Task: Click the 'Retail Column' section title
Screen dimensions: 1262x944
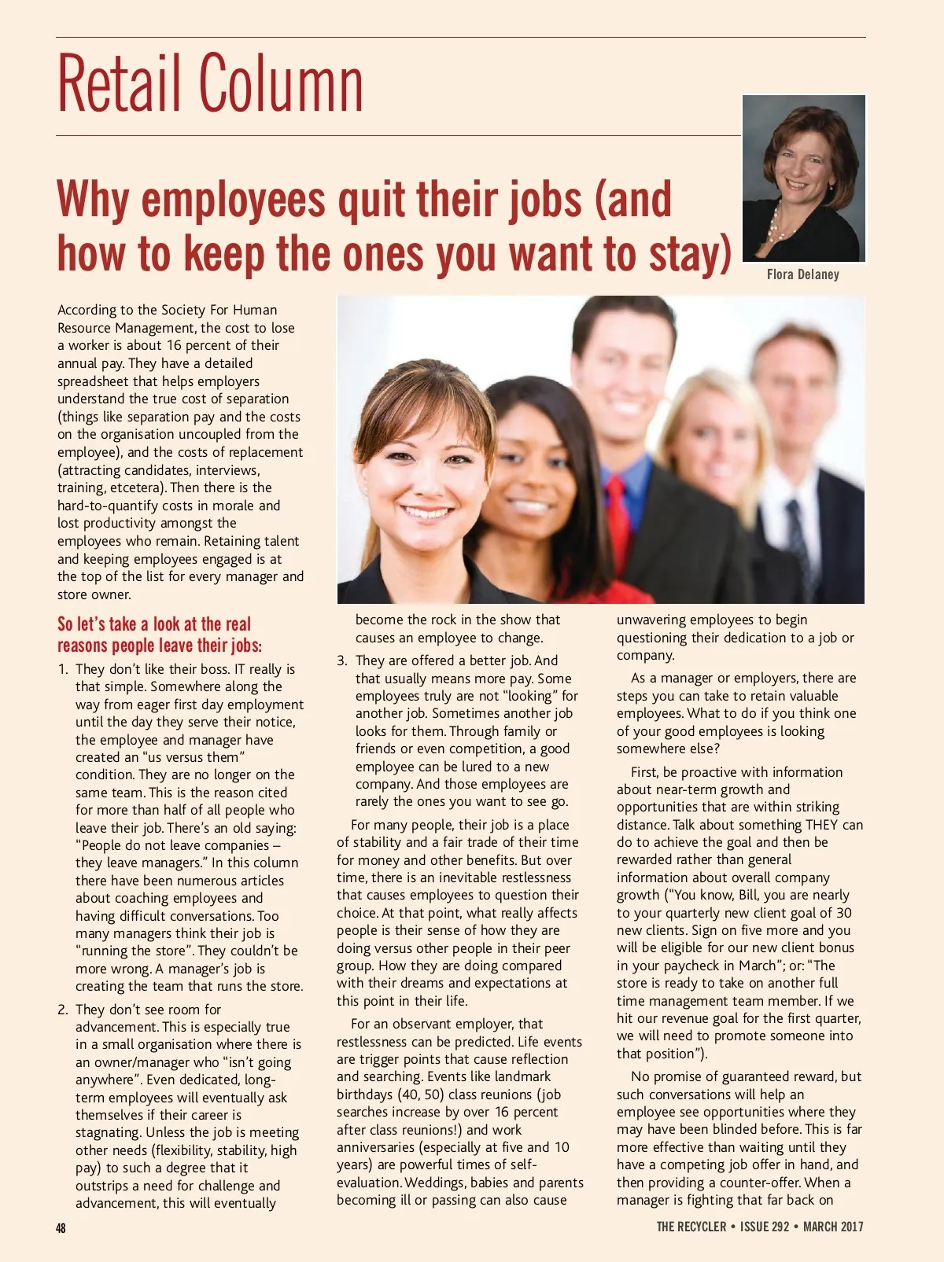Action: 210,84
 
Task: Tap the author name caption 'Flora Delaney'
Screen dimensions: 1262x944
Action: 802,274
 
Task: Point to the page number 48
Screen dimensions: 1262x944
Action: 61,1227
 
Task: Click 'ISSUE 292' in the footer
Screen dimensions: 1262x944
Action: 764,1227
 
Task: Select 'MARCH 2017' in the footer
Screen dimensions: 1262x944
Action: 833,1227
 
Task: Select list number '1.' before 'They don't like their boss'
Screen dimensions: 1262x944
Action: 63,669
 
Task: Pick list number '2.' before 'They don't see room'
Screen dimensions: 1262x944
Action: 63,1010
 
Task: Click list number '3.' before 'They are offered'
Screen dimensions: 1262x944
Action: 342,660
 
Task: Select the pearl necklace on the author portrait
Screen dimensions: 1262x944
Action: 776,223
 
